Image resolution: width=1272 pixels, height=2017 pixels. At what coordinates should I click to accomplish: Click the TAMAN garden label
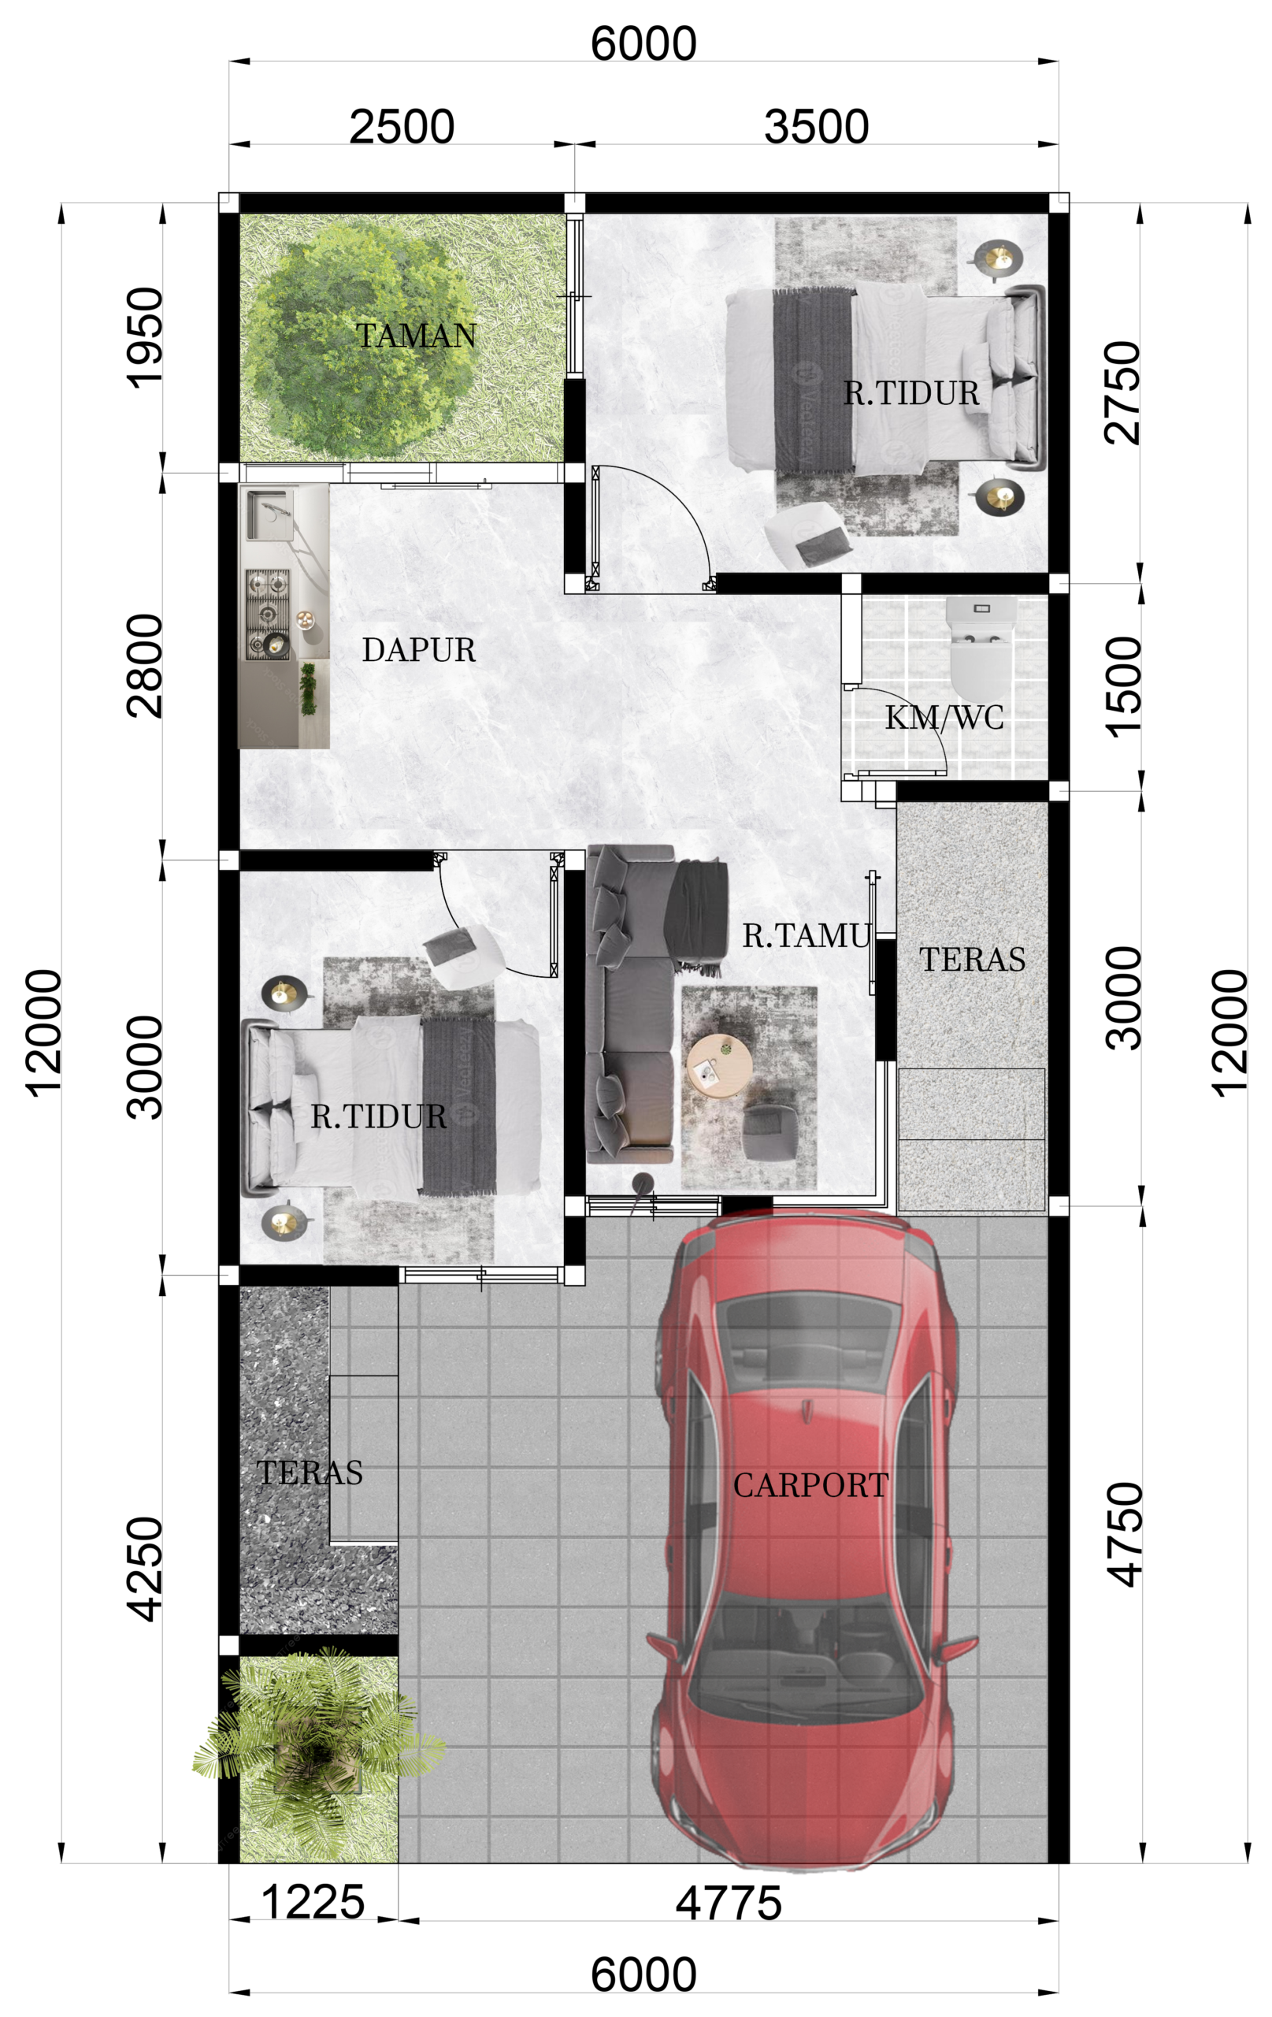(416, 335)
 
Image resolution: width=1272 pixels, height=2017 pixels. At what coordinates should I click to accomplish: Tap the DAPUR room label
(419, 650)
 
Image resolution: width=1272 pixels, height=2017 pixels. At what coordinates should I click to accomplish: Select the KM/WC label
(944, 718)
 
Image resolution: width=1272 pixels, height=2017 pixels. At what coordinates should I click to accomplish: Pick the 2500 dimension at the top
(402, 128)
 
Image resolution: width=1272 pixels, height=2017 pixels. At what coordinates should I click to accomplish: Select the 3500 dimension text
(817, 128)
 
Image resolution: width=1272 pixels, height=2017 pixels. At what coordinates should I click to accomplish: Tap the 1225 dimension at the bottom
(313, 1902)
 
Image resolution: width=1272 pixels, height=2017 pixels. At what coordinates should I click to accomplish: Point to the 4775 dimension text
(729, 1903)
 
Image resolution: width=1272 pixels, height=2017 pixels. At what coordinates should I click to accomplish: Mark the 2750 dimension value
(1123, 392)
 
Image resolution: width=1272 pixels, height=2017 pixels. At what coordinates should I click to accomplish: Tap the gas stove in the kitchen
(267, 614)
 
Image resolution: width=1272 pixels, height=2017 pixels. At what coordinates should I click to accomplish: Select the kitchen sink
(269, 514)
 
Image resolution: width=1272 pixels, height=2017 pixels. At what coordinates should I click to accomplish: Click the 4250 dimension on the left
(145, 1569)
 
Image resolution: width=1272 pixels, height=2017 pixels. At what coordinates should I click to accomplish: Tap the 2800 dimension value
(145, 666)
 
